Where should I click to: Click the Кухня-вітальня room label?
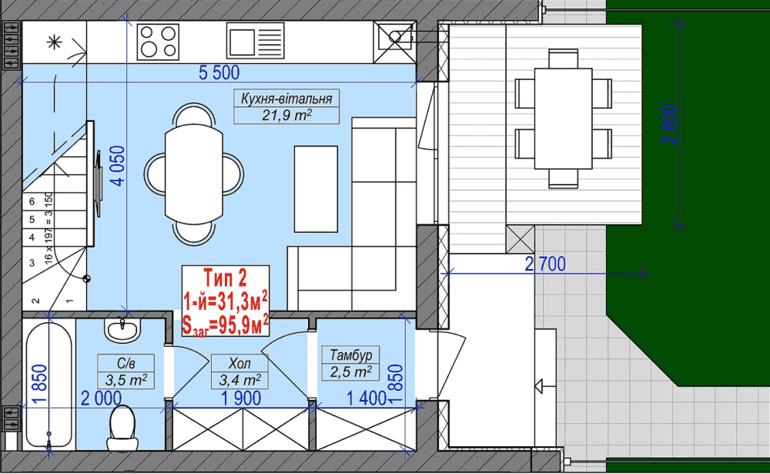[x=286, y=99]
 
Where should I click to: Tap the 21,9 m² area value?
[x=286, y=115]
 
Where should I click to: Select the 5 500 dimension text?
[x=219, y=72]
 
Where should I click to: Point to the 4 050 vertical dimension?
[x=118, y=166]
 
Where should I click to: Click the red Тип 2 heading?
[x=226, y=278]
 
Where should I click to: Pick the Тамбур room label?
[x=350, y=355]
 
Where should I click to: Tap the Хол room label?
[x=239, y=363]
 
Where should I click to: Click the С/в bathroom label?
[x=126, y=363]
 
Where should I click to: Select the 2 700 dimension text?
[x=545, y=264]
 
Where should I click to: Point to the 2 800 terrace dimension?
[x=670, y=124]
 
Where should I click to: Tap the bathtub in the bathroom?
[x=49, y=385]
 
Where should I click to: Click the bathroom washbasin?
[x=122, y=329]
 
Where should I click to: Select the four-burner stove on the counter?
[x=158, y=42]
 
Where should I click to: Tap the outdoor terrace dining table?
[x=564, y=119]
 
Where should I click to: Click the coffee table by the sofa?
[x=316, y=189]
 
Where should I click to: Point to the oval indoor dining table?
[x=193, y=174]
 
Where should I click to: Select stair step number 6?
[x=32, y=201]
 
